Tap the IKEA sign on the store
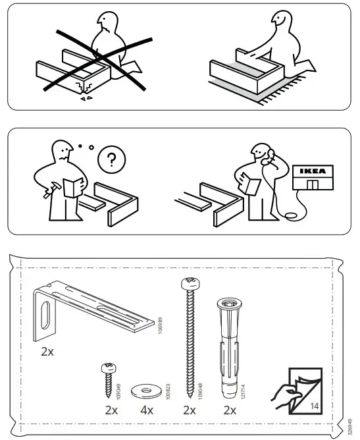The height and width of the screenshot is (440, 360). click(x=313, y=171)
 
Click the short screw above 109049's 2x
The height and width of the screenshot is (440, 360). click(x=108, y=378)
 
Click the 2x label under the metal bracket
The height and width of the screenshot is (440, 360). click(x=47, y=352)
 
